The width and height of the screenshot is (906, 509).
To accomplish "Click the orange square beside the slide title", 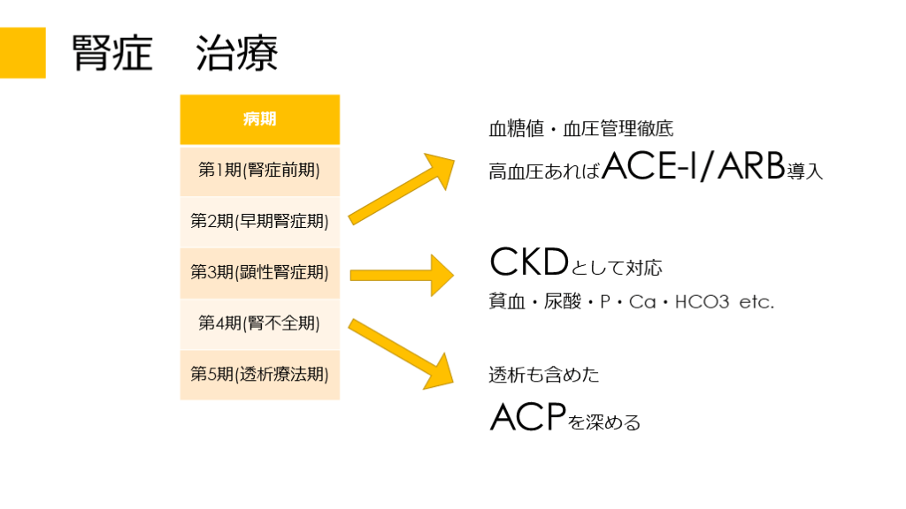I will [22, 53].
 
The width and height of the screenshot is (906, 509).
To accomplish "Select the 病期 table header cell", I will [260, 119].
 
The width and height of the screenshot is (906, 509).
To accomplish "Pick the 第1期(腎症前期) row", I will [260, 170].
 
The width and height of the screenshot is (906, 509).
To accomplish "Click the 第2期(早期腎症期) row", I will [260, 221].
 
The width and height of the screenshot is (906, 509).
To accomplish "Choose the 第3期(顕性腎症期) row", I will [260, 272].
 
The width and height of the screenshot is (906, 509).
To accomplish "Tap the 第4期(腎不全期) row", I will [260, 323].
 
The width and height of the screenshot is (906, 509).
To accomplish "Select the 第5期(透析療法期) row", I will [260, 375].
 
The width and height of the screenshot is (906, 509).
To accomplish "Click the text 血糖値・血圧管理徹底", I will [580, 129].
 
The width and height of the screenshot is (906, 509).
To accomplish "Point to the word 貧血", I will [506, 302].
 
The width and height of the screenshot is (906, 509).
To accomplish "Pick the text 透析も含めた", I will [543, 375].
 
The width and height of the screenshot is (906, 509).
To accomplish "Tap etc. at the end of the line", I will [756, 302].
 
